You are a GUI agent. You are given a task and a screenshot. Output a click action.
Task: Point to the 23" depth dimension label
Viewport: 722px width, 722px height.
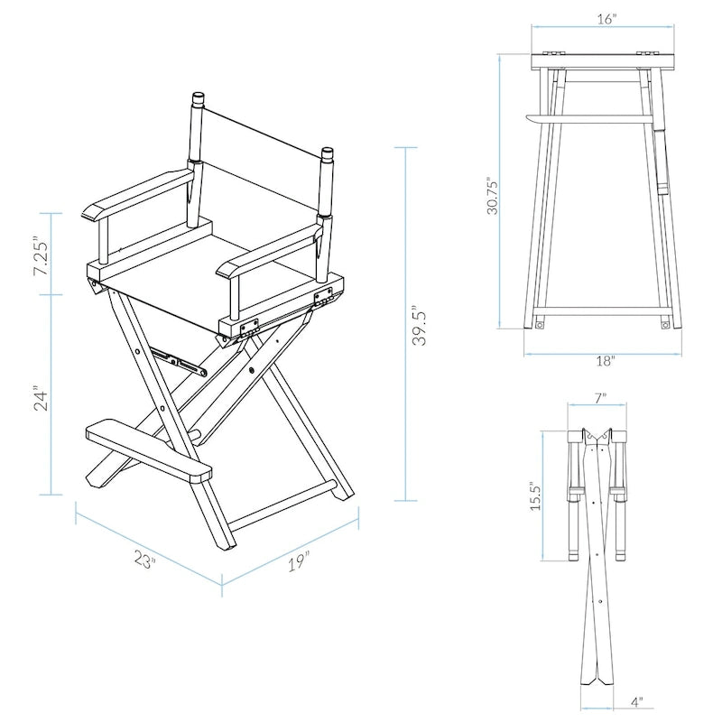(x=144, y=560)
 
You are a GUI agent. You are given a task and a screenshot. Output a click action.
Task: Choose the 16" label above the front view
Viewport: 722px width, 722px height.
(x=606, y=19)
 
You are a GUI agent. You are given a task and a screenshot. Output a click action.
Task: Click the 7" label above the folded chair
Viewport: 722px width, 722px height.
(x=600, y=397)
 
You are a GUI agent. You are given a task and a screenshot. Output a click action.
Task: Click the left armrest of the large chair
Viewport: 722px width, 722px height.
(x=135, y=192)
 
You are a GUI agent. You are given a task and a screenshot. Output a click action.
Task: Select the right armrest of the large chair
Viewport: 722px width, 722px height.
(x=267, y=254)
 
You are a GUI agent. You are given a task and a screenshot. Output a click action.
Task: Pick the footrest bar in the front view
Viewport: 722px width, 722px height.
(x=591, y=117)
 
